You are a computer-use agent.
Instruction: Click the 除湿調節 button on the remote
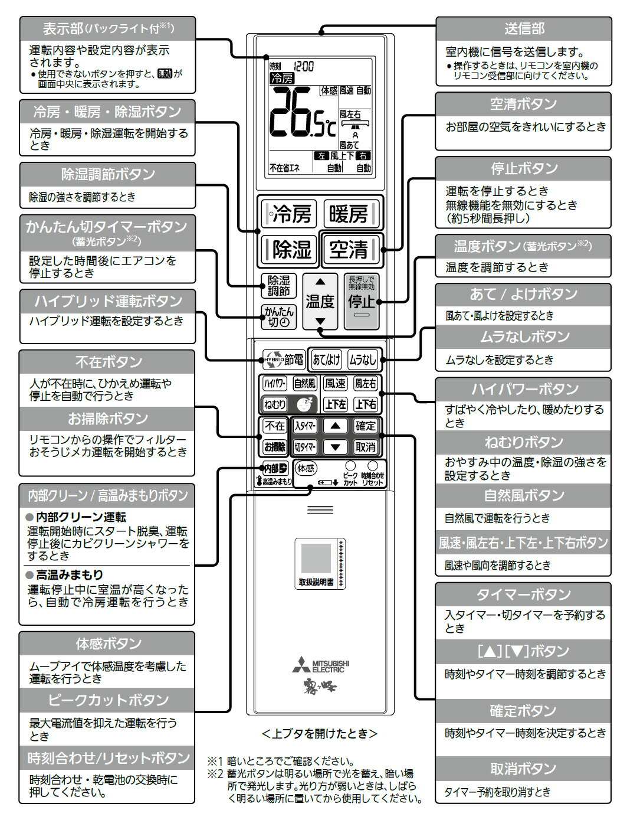pyautogui.click(x=278, y=286)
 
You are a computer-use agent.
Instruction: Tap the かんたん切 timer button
pyautogui.click(x=278, y=317)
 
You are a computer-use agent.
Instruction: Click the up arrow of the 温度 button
pyautogui.click(x=320, y=282)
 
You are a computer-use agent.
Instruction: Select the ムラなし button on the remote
pyautogui.click(x=362, y=359)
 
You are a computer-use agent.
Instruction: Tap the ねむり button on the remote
pyautogui.click(x=275, y=404)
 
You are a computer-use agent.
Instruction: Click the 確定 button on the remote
pyautogui.click(x=365, y=426)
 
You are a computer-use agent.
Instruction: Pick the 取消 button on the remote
pyautogui.click(x=365, y=447)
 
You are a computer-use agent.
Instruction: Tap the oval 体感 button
pyautogui.click(x=306, y=469)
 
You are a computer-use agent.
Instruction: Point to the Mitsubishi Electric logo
pyautogui.click(x=320, y=665)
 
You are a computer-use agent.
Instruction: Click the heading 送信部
pyautogui.click(x=524, y=28)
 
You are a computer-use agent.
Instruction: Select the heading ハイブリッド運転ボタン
pyautogui.click(x=107, y=300)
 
